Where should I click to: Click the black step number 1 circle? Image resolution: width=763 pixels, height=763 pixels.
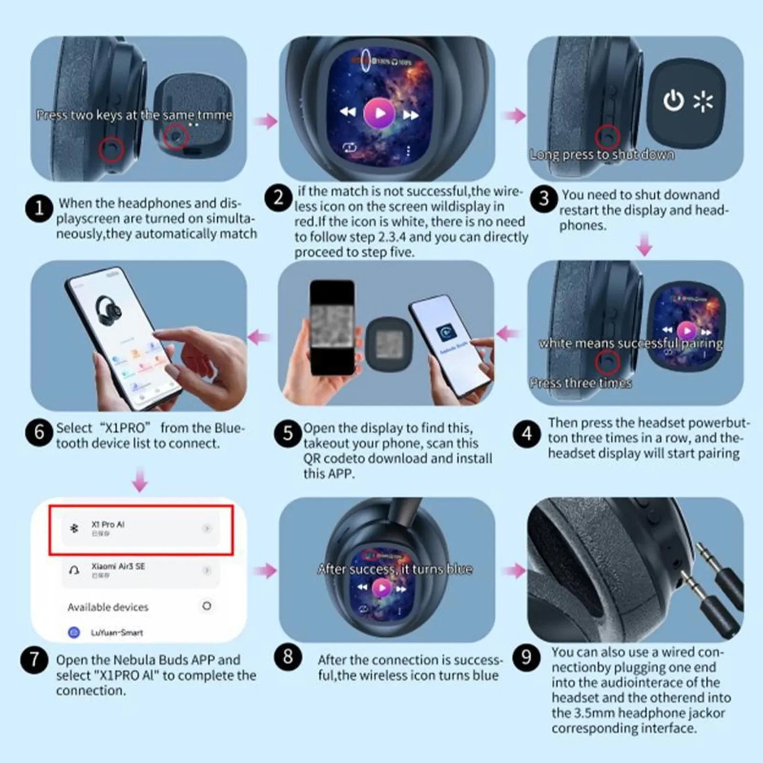[x=39, y=209]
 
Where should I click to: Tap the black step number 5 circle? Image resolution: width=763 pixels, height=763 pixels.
[x=287, y=433]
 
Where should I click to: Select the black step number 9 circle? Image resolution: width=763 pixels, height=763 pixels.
[x=526, y=657]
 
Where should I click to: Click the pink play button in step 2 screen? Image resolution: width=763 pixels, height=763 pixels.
[x=379, y=113]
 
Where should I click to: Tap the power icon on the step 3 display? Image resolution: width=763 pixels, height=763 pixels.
[x=673, y=101]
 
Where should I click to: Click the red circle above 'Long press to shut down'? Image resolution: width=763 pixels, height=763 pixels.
[x=607, y=136]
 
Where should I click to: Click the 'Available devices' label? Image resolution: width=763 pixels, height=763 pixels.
[x=108, y=607]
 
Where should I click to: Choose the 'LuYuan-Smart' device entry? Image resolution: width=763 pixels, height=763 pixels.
[x=117, y=633]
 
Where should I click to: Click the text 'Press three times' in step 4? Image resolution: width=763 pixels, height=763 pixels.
[x=580, y=383]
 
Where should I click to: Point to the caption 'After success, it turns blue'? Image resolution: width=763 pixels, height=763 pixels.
[x=395, y=569]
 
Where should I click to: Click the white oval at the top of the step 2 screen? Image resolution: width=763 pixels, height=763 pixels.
[x=366, y=59]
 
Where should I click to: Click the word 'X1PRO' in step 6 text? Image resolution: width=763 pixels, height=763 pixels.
[x=124, y=428]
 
